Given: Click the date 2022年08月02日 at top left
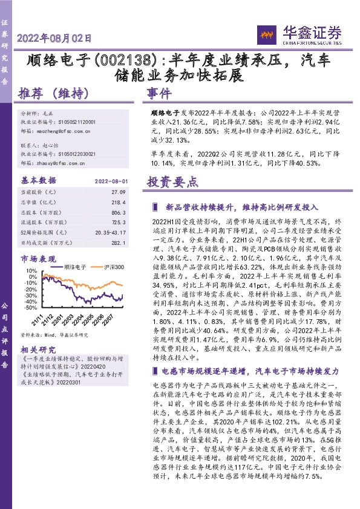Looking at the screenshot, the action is click(54, 38).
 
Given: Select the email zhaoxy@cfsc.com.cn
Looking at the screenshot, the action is click(58, 163).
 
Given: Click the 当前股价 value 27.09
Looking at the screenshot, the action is click(118, 192).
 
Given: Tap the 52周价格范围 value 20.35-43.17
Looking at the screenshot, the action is click(110, 233).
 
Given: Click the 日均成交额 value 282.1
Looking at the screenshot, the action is click(118, 243).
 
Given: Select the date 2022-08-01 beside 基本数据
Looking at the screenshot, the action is click(111, 181).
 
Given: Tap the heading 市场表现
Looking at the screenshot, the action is click(38, 258).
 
